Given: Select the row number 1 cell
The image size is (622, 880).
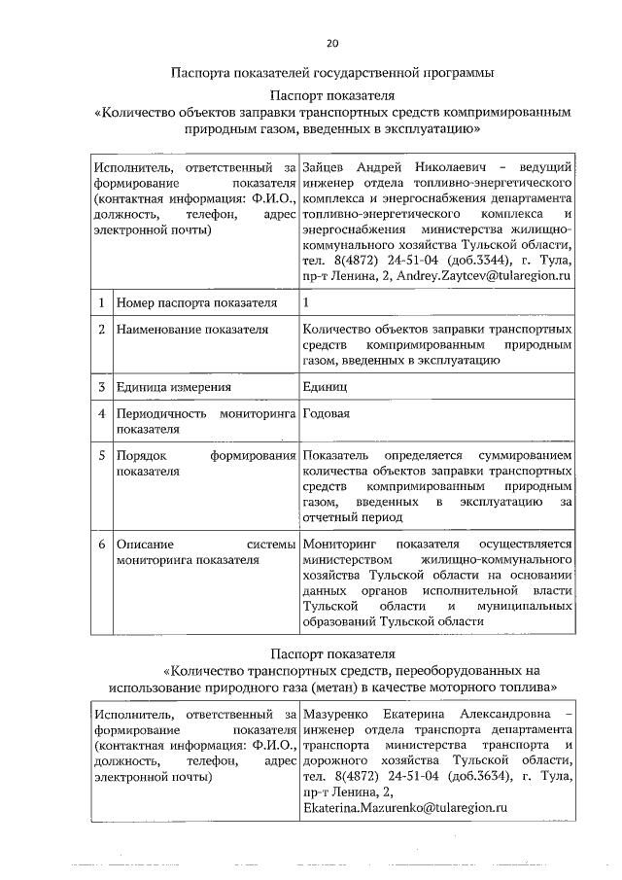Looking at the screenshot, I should [101, 303].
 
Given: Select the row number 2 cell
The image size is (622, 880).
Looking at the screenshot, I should [101, 329].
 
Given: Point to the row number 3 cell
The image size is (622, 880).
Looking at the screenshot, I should [101, 387].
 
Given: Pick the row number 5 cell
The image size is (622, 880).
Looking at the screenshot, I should [101, 455].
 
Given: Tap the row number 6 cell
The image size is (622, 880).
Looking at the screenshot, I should [101, 544].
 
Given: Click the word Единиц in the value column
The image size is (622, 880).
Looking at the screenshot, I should [324, 388].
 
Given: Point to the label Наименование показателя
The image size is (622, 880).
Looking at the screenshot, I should [191, 329].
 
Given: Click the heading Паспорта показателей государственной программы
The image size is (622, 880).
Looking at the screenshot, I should [331, 72].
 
